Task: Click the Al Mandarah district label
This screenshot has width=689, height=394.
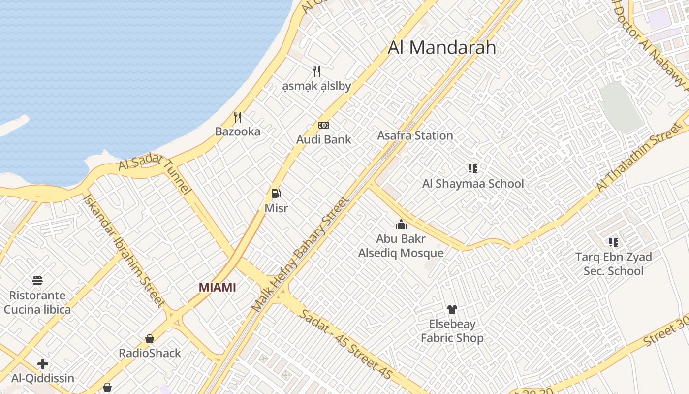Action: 441,48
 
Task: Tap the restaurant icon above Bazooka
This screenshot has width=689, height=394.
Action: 238,117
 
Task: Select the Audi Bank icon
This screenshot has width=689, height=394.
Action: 323,125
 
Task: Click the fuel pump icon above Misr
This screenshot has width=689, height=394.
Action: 276,194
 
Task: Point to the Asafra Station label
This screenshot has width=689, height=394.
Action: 415,135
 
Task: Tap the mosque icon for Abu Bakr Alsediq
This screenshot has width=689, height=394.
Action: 401,225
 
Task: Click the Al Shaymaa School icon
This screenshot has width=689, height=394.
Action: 473,169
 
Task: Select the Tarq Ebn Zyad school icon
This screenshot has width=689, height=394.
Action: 613,242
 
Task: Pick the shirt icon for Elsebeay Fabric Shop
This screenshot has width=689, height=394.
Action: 452,309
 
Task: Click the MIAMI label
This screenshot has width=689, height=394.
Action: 217,287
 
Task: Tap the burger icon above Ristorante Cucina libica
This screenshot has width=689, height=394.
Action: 37,281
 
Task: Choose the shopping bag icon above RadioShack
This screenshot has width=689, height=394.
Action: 150,339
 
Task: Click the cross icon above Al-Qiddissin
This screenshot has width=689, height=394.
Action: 43,364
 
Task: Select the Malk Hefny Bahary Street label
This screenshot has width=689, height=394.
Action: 300,254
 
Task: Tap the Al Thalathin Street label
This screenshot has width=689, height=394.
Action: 637,158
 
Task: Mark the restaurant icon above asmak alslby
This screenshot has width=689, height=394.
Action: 316,71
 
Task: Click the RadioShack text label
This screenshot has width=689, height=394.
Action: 150,353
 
